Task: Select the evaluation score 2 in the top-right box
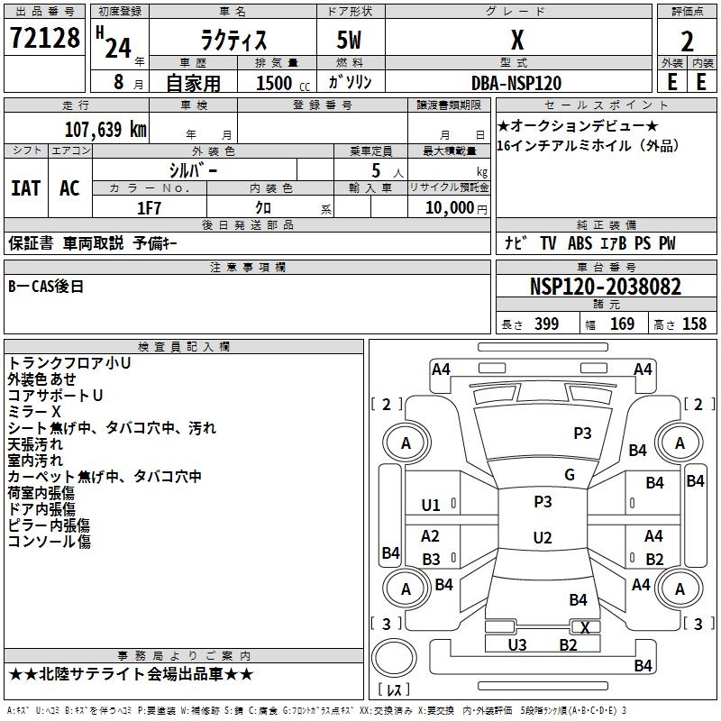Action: coord(687,41)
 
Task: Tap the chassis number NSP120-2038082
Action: coord(606,287)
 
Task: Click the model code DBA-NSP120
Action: coord(516,83)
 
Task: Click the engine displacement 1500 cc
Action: coord(274,83)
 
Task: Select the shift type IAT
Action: coord(25,188)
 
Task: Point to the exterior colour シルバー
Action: coord(193,169)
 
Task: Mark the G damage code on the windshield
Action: coord(569,475)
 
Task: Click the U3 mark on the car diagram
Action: coord(516,644)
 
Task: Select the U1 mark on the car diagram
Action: coord(431,506)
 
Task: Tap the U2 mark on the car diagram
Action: coord(542,538)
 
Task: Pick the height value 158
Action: coord(694,324)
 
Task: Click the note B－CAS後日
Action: coord(46,287)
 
